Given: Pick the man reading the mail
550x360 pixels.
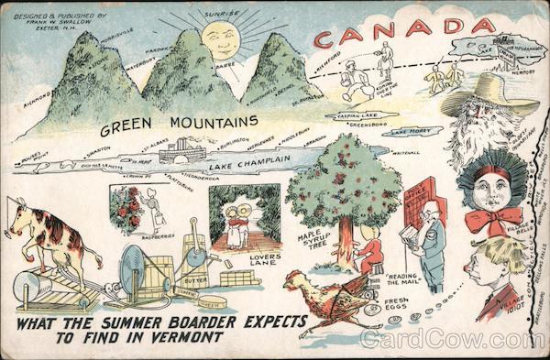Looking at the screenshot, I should [x=425, y=243].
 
